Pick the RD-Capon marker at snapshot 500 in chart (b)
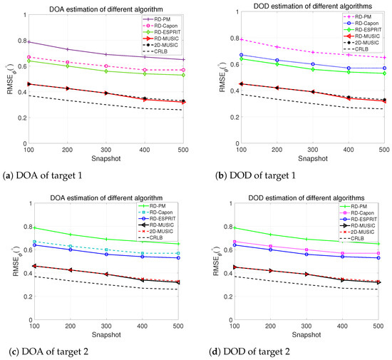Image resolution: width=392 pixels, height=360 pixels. tap(383, 68)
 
